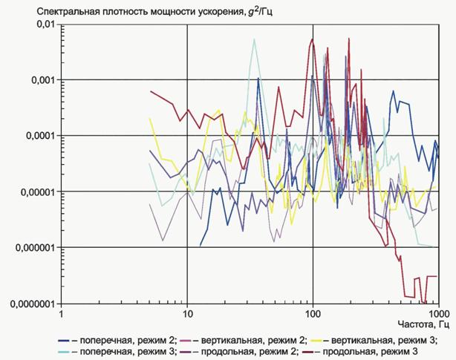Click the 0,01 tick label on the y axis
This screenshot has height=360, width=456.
click(45, 24)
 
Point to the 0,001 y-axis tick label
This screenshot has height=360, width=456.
click(43, 79)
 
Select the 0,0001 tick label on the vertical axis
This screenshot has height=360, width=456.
click(40, 135)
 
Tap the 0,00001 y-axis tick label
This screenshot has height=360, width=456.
click(38, 192)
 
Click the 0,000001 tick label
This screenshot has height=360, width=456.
click(35, 248)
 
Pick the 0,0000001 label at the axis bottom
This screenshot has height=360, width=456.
click(33, 304)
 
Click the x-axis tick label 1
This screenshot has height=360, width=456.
click(61, 315)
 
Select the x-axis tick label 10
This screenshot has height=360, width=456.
click(187, 315)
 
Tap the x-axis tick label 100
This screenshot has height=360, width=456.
click(313, 315)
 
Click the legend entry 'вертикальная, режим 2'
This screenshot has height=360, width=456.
click(244, 340)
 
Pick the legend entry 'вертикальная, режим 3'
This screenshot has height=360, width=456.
click(374, 340)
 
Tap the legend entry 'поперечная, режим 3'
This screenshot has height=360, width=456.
click(117, 352)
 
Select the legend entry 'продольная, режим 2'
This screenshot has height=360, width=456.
click(239, 352)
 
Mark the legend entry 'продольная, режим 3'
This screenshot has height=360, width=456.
click(360, 352)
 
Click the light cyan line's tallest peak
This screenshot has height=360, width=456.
click(255, 39)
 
